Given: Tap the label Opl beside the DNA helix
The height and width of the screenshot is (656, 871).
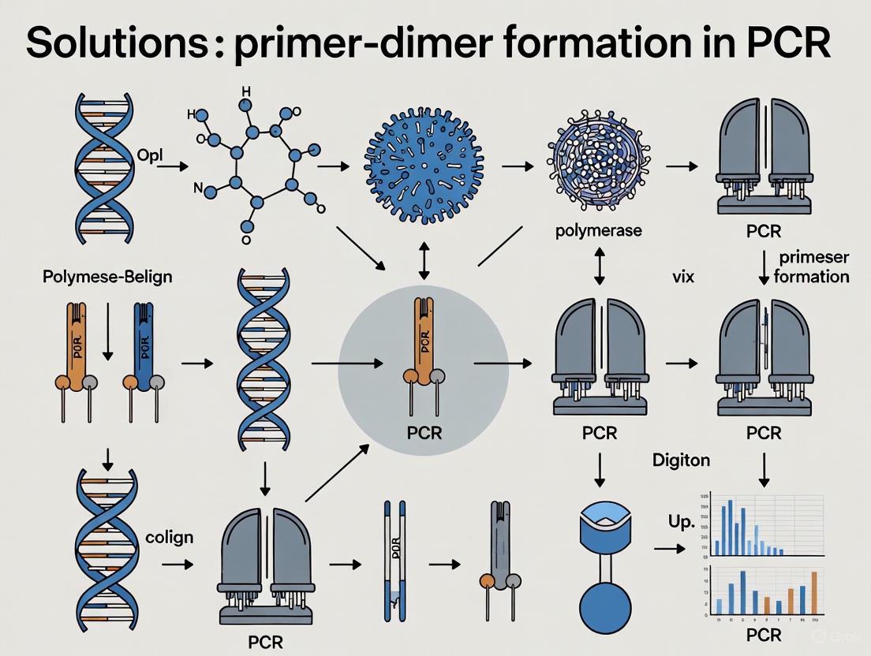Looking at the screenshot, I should click(149, 155).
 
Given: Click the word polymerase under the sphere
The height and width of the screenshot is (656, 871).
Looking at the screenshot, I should click(598, 231).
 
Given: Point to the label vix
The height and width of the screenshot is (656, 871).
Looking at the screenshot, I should click(682, 278).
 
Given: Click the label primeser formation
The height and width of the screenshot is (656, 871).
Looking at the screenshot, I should click(812, 268).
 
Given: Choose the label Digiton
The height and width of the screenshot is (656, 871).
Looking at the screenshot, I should click(682, 460).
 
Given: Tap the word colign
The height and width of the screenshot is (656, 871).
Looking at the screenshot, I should click(169, 537).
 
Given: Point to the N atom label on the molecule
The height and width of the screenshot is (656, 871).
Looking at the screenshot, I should click(199, 188).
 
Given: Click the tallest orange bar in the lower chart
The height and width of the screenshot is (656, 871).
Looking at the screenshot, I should click(814, 592).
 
